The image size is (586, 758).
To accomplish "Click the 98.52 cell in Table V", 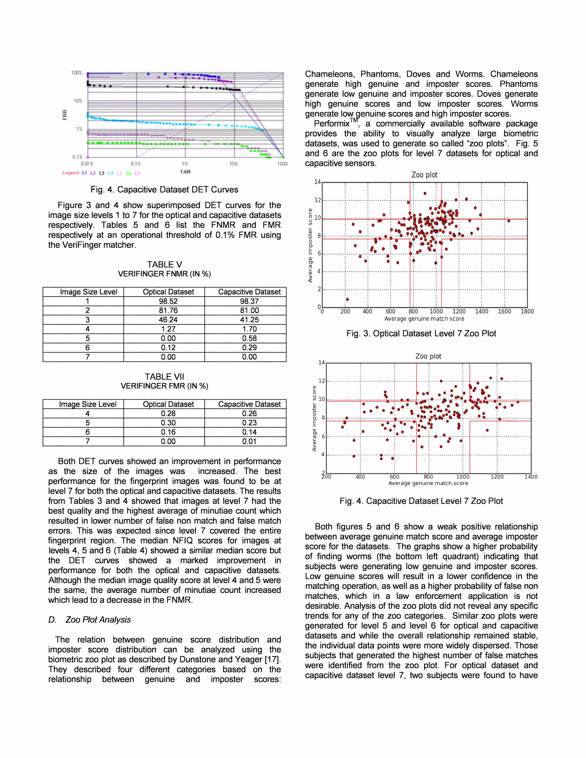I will pos(168,301).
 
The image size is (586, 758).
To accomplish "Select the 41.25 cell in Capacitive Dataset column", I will pos(249,320).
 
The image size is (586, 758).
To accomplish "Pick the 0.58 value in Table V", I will pos(249,338).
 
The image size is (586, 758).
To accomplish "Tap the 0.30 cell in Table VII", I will pos(168,423).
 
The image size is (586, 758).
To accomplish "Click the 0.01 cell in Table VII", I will pos(249,441).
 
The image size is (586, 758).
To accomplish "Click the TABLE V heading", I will pos(164,265).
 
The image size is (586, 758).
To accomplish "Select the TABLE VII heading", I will pos(164,377).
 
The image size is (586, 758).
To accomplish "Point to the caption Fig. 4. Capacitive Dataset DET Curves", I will pos(164,189).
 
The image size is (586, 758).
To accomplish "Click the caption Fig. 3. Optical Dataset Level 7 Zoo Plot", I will pos(421,334).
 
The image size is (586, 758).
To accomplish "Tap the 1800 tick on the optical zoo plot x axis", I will pos(527,311).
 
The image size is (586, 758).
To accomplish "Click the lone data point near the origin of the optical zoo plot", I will pos(347,299).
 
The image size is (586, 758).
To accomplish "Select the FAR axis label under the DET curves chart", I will pos(185,171).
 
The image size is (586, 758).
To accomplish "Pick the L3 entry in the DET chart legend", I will pos(101,173).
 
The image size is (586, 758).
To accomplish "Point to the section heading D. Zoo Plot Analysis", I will pos(90,620).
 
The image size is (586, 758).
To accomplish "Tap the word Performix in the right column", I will pos(332,124).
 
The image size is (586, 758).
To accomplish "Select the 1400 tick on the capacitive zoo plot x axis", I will pos(530,477).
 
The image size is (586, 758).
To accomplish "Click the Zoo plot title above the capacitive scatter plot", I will pos(428,356).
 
